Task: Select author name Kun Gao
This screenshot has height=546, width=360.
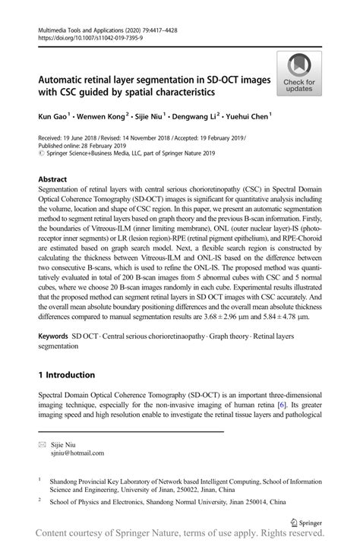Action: pyautogui.click(x=52, y=118)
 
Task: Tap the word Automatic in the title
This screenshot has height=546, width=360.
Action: pyautogui.click(x=64, y=77)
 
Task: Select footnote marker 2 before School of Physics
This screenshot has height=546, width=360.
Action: pyautogui.click(x=39, y=501)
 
